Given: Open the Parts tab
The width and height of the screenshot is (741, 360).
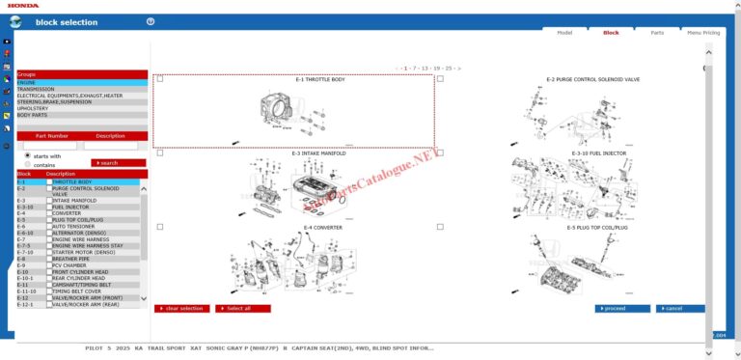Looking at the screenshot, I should point(656,33).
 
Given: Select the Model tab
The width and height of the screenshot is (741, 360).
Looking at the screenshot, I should point(564,33).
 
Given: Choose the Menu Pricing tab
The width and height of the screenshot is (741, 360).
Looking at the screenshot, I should point(702,33).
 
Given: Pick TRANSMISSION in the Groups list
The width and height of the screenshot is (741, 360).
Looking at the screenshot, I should point(36,89).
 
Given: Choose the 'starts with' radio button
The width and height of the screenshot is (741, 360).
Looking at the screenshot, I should point(27,154).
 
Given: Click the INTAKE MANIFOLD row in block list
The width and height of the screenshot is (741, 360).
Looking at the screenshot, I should point(74,200).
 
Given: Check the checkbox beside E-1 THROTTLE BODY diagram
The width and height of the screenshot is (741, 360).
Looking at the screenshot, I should point(160,79).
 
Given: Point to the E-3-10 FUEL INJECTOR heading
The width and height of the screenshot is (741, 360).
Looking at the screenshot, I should point(598,153).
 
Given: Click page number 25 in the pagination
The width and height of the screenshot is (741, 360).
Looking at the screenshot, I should point(449,69).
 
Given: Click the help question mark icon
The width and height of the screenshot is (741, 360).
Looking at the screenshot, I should point(151,21).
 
